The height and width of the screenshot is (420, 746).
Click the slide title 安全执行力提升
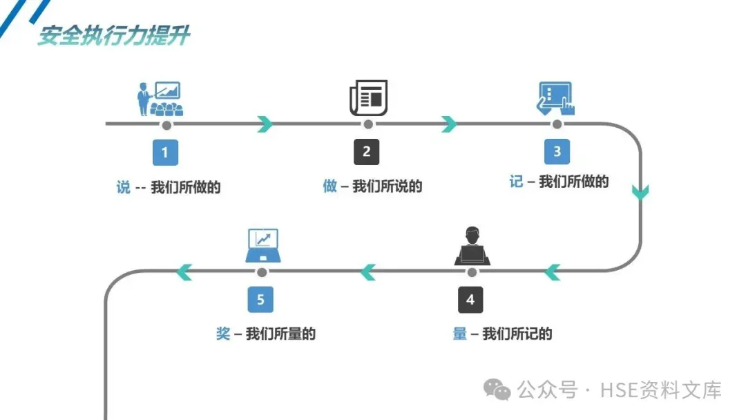click(113, 35)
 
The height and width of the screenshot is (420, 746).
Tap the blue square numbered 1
click(165, 153)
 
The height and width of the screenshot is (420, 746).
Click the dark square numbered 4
click(470, 300)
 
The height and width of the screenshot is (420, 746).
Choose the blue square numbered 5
click(260, 300)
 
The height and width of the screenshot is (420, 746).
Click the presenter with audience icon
click(160, 99)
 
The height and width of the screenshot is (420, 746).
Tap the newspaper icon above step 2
click(368, 97)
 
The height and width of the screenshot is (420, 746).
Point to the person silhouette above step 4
click(472, 246)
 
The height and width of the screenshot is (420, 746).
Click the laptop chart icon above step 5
click(262, 245)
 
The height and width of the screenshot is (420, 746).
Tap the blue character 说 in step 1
click(124, 187)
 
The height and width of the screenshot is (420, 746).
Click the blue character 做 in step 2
click(330, 186)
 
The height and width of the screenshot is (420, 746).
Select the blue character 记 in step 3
click(516, 182)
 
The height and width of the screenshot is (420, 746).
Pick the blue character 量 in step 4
click(460, 334)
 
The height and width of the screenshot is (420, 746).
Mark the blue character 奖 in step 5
click(223, 334)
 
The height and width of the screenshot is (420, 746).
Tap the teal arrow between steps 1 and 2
click(265, 124)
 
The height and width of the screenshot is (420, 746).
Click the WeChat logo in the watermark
click(497, 390)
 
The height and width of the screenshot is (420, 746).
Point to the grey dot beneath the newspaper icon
click(368, 124)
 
